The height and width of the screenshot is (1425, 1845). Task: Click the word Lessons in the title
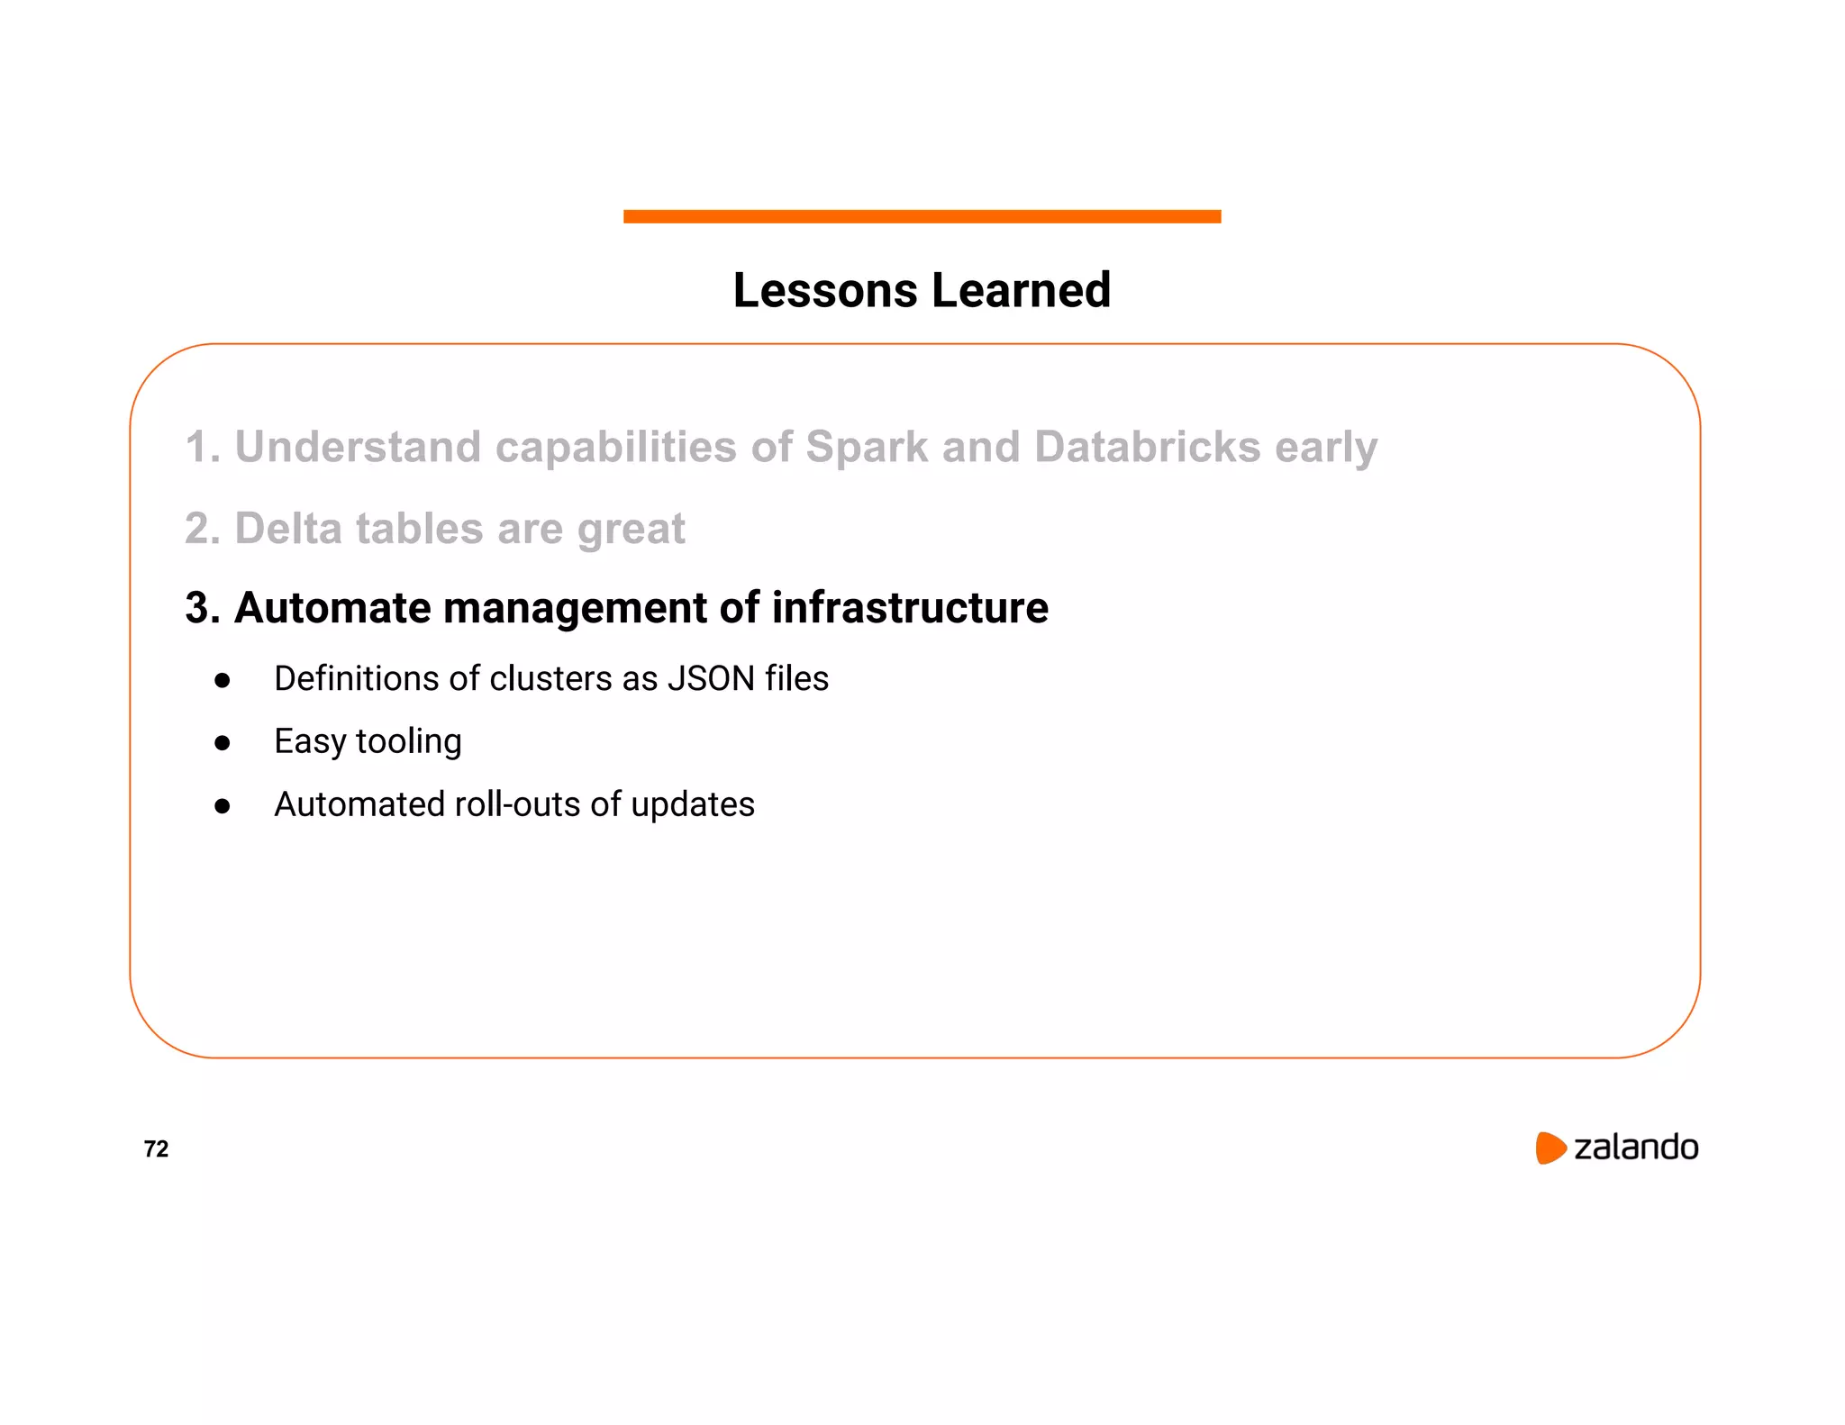tap(824, 290)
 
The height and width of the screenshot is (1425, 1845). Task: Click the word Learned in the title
tap(1021, 290)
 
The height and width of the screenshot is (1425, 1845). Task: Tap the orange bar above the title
tap(922, 216)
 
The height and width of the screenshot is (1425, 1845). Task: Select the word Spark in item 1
tap(866, 447)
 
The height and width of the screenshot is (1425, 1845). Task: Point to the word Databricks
tap(1147, 447)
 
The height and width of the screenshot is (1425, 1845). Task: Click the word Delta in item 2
tap(287, 528)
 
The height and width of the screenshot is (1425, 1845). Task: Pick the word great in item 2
tap(631, 530)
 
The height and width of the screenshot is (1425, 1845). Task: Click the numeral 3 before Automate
tap(196, 608)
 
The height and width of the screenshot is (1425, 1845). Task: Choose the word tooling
tap(409, 742)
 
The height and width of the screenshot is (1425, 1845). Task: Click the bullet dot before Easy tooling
tap(223, 743)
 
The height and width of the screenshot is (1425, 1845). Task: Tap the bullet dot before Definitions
tap(223, 680)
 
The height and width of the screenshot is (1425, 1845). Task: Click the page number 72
tap(156, 1148)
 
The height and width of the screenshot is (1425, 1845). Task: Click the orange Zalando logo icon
tap(1550, 1148)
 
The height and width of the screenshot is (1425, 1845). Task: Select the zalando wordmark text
tap(1635, 1148)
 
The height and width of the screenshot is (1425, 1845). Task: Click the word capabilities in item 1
tap(615, 448)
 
